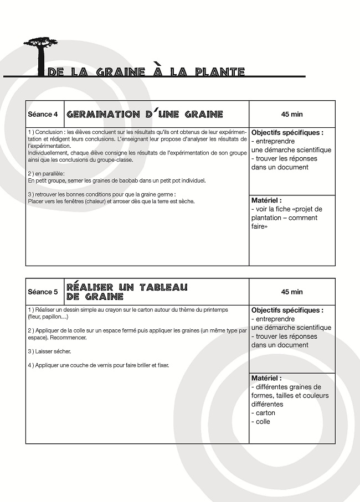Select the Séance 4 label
pyautogui.click(x=43, y=115)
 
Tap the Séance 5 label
pyautogui.click(x=43, y=292)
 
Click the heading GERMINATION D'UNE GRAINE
pyautogui.click(x=145, y=115)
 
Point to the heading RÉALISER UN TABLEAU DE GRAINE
pyautogui.click(x=127, y=292)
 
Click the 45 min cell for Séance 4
pyautogui.click(x=292, y=115)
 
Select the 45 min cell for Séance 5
pyautogui.click(x=292, y=292)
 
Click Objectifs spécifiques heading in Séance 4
pyautogui.click(x=287, y=133)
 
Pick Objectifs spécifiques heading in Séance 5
pyautogui.click(x=287, y=310)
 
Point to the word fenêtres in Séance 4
pyautogui.click(x=64, y=201)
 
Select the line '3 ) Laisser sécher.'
pyautogui.click(x=49, y=351)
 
